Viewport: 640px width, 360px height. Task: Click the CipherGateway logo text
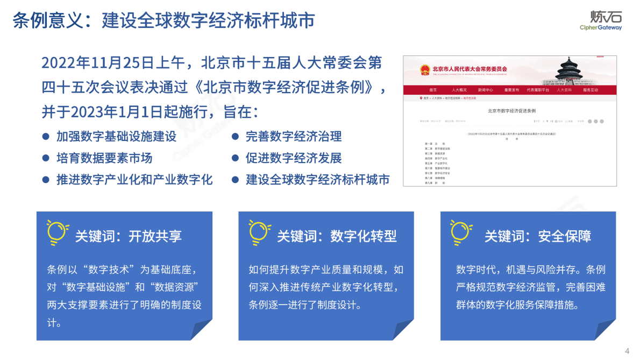click(601, 27)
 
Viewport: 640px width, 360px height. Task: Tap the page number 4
click(627, 351)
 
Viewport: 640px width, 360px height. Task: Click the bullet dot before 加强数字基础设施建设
click(46, 137)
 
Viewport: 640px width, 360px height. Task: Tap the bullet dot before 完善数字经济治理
click(235, 137)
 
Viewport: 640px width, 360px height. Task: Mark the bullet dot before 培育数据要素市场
click(46, 158)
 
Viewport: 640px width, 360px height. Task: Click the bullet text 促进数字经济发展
click(294, 158)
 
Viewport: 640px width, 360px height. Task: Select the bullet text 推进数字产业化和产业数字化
click(134, 180)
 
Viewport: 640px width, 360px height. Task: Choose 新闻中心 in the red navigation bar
click(485, 90)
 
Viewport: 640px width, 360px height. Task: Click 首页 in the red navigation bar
click(433, 90)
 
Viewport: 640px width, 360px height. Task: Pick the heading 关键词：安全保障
click(538, 236)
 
